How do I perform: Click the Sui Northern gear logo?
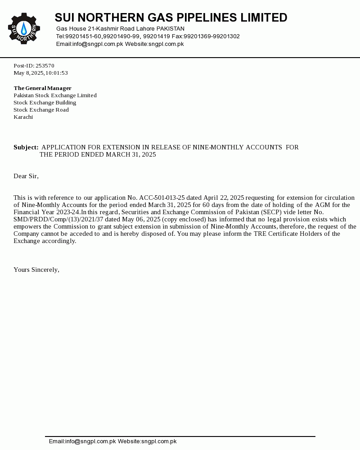(x=24, y=28)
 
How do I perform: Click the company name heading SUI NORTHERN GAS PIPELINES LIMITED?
(x=171, y=18)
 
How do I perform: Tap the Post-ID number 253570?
(x=45, y=66)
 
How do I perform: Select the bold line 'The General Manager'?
(x=42, y=88)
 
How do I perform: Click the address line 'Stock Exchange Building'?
(x=45, y=103)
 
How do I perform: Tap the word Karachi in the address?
(x=23, y=117)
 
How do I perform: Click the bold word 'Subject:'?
(x=26, y=147)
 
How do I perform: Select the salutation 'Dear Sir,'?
(x=26, y=176)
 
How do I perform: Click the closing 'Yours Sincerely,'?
(x=36, y=270)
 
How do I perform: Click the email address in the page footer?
(x=90, y=441)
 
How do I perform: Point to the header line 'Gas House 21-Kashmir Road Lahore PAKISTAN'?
(x=120, y=29)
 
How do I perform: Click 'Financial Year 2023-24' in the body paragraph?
(x=47, y=212)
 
